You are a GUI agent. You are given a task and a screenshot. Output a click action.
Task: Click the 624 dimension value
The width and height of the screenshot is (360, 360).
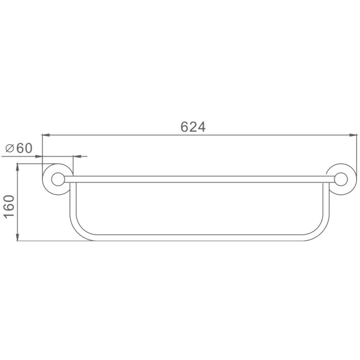(193, 127)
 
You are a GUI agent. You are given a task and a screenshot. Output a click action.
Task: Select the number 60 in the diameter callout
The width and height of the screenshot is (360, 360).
(24, 148)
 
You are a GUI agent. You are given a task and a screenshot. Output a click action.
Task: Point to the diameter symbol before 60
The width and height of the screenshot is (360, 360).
(10, 148)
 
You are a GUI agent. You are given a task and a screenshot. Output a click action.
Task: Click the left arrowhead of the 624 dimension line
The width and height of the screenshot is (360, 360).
(46, 135)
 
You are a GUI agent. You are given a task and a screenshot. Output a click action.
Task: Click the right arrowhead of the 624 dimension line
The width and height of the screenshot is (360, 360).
(353, 135)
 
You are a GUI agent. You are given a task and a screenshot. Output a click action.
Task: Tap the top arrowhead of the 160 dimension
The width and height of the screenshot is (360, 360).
(17, 168)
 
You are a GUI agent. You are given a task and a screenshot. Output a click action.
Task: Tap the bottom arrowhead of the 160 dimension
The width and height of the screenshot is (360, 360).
(17, 237)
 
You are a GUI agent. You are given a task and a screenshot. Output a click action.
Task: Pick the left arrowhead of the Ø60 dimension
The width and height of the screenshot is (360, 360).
(38, 156)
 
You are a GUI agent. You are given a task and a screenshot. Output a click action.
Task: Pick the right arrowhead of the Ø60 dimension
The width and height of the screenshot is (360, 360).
(77, 156)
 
